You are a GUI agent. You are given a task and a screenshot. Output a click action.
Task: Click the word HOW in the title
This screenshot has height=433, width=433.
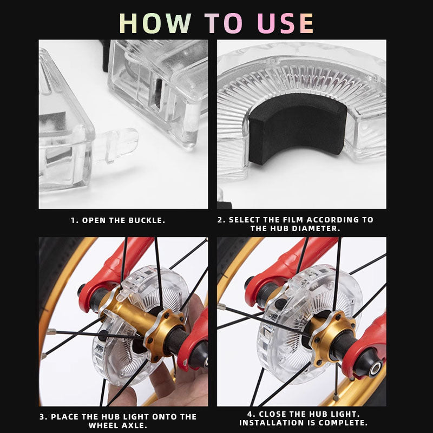coord(156,23)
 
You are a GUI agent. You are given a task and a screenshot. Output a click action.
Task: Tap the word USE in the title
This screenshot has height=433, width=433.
coord(286,23)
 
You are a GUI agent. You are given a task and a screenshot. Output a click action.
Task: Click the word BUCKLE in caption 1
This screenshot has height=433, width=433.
coord(146,220)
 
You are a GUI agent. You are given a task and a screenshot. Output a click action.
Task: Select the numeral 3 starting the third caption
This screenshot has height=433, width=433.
coord(43,417)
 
